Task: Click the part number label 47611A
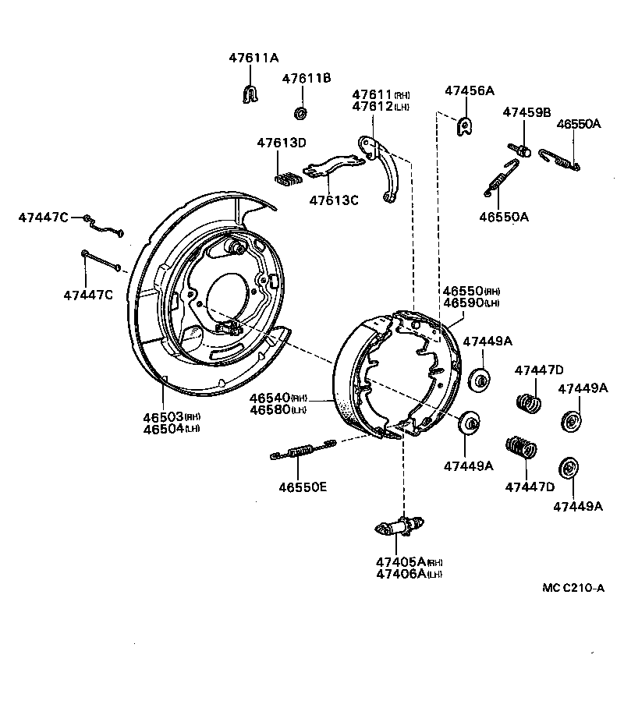point(253,58)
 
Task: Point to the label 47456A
point(470,90)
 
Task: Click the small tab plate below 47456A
point(464,126)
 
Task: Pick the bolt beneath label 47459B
point(521,148)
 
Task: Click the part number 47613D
point(282,143)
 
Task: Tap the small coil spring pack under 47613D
point(288,178)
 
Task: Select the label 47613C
point(333,200)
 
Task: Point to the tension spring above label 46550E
point(303,450)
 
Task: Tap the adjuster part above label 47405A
point(398,528)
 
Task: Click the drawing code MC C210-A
point(573,588)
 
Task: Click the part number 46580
point(269,409)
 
